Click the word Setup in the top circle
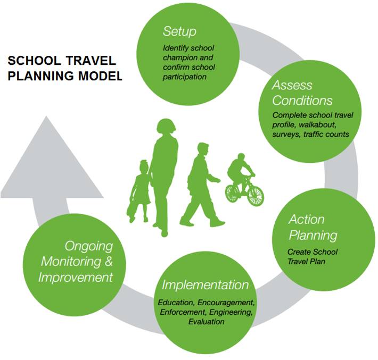[x=179, y=32]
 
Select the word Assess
[x=292, y=85]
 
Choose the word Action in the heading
[x=307, y=220]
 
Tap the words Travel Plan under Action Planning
[x=307, y=261]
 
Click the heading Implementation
[x=205, y=285]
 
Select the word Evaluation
[x=207, y=322]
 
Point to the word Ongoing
[x=89, y=246]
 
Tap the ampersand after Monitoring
[x=109, y=261]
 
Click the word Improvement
[x=76, y=277]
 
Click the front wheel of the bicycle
[x=256, y=196]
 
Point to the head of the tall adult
[x=166, y=126]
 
